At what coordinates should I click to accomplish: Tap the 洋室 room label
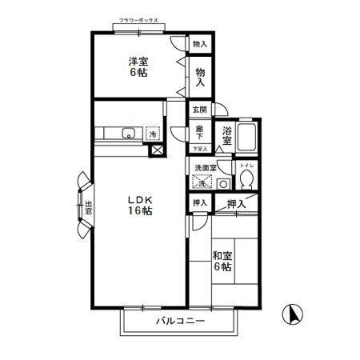click(x=139, y=62)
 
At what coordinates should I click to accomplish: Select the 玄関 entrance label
click(x=198, y=110)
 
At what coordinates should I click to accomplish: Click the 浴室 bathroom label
click(x=228, y=135)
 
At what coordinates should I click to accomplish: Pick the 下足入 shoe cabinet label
click(x=200, y=149)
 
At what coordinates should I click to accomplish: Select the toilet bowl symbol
click(x=247, y=178)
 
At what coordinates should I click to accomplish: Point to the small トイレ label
click(x=246, y=165)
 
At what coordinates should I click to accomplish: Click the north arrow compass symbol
click(x=294, y=315)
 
